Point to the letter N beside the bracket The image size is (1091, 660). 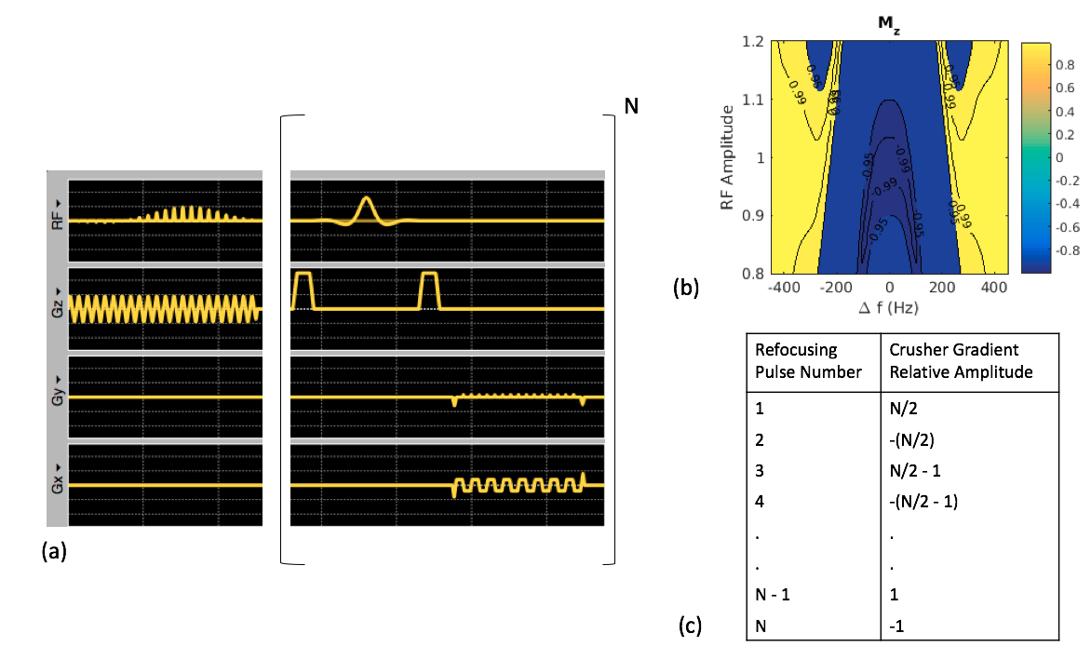click(631, 107)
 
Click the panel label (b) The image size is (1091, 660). click(686, 289)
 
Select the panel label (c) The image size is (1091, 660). click(690, 626)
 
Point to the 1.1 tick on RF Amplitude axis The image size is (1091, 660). click(752, 100)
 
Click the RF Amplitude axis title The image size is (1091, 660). click(731, 158)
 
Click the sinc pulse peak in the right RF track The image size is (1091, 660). click(366, 199)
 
